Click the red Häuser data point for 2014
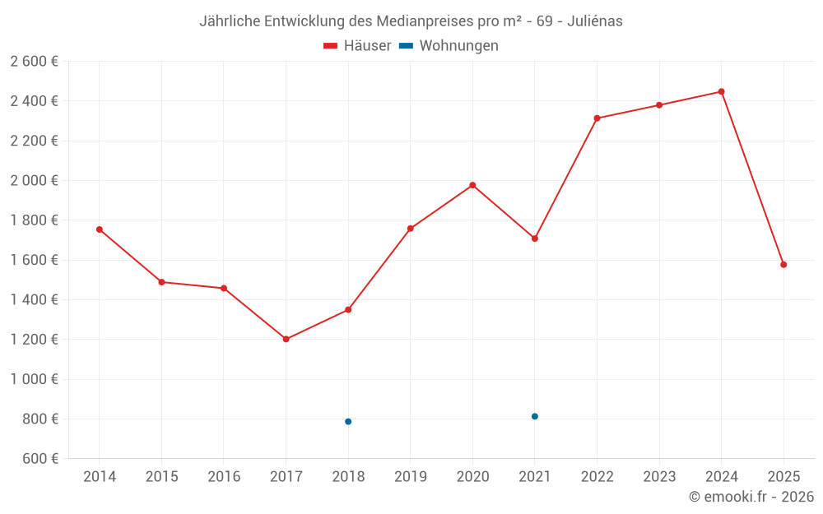pyautogui.click(x=100, y=229)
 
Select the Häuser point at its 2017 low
pyautogui.click(x=286, y=339)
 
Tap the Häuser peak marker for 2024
pyautogui.click(x=721, y=91)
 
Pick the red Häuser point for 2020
pyautogui.click(x=472, y=185)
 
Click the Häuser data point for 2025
pyautogui.click(x=783, y=265)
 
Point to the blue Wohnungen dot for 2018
pyautogui.click(x=348, y=421)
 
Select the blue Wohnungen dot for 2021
pyautogui.click(x=535, y=416)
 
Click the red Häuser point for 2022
pyautogui.click(x=597, y=118)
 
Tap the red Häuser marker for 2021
pyautogui.click(x=535, y=238)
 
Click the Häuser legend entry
pyautogui.click(x=357, y=46)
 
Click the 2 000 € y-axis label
pyautogui.click(x=34, y=180)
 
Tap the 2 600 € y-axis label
pyautogui.click(x=34, y=61)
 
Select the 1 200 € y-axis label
pyautogui.click(x=34, y=339)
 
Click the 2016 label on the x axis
pyautogui.click(x=224, y=476)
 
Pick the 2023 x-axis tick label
pyautogui.click(x=659, y=476)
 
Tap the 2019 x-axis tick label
pyautogui.click(x=411, y=476)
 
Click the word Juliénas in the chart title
pyautogui.click(x=594, y=21)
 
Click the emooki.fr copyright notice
pyautogui.click(x=751, y=497)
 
